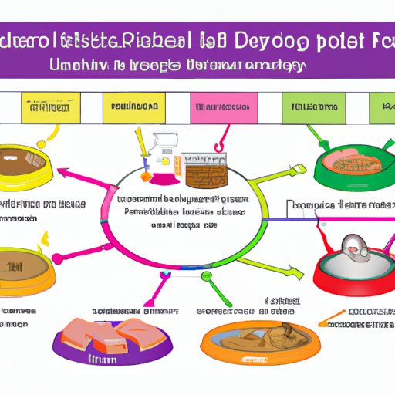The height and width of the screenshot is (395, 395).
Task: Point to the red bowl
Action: point(355,266)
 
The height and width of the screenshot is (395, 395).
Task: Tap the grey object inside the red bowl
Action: point(356,246)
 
